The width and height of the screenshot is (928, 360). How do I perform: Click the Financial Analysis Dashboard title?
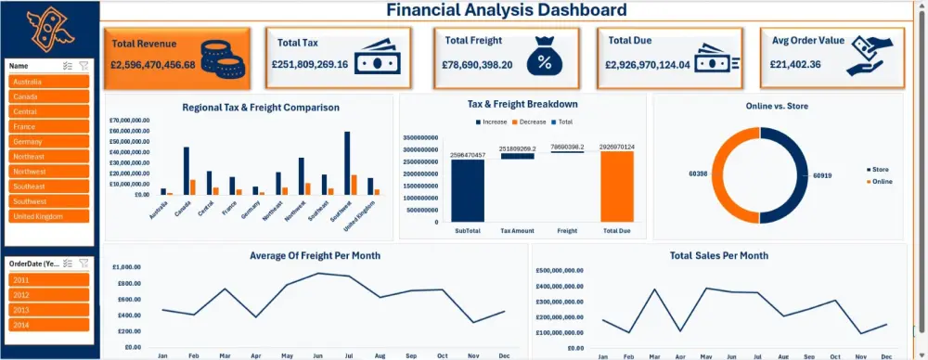[x=506, y=11]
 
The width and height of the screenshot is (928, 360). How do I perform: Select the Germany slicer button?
[x=49, y=141]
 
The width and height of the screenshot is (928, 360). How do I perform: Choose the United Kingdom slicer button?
[x=49, y=216]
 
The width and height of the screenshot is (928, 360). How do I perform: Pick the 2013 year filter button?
[x=49, y=310]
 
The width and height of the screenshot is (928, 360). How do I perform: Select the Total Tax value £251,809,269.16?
[x=310, y=65]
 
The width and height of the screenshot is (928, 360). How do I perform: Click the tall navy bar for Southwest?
[x=347, y=163]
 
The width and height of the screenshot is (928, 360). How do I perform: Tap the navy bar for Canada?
[x=186, y=171]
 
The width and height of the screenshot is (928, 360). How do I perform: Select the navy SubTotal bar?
[x=468, y=191]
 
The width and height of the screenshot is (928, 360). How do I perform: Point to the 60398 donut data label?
[x=698, y=174]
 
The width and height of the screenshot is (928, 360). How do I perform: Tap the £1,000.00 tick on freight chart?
[x=128, y=266]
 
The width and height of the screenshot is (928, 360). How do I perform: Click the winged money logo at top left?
[x=48, y=30]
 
